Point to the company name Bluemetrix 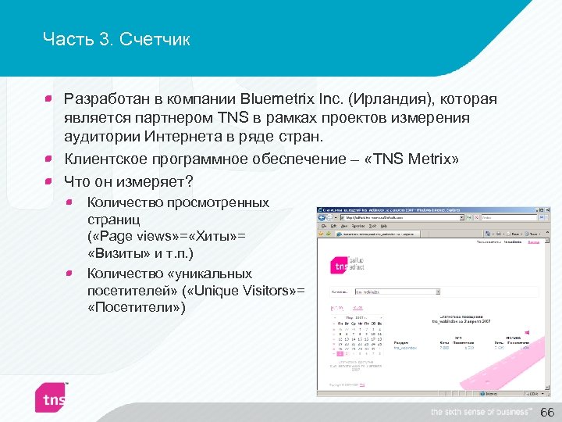(x=279, y=99)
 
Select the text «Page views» (x=130, y=236)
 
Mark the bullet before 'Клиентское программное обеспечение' (x=48, y=159)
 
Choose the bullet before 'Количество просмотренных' (x=70, y=203)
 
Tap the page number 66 (x=546, y=412)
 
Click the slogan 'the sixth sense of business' (x=481, y=412)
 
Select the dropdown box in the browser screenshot (x=396, y=292)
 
